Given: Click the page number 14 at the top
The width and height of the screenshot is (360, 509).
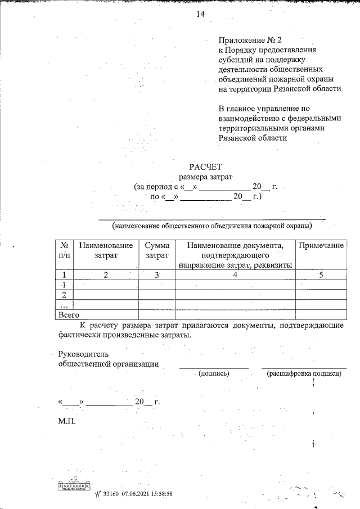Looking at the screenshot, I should coord(200,15).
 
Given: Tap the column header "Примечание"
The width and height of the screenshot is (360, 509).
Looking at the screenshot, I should coord(321,246).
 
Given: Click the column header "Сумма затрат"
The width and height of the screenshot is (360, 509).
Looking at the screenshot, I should coord(157,251).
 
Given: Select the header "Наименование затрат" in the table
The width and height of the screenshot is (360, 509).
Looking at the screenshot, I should coord(106,251).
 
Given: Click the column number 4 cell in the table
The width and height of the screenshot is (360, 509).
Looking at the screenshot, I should coord(235,275).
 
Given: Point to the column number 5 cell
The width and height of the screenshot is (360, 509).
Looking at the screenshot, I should coord(321,275).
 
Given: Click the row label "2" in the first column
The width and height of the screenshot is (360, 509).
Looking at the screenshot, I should coord(65,295).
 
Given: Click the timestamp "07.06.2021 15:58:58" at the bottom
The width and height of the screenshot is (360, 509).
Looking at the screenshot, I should coord(146,493).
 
